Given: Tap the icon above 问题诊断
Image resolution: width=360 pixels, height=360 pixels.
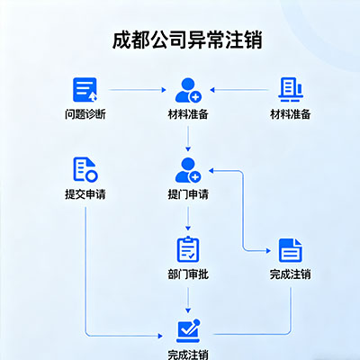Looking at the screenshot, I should pos(85,90).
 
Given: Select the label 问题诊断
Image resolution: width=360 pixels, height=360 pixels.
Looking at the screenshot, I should pos(85,114).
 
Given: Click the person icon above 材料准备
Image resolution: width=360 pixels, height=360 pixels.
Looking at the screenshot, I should pos(188,90).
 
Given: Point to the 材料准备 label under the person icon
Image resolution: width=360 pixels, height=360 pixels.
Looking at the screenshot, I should pos(188,114).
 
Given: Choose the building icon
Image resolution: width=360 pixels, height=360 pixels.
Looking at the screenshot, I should pos(290,90).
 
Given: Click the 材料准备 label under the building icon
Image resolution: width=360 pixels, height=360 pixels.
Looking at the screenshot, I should pos(290,114).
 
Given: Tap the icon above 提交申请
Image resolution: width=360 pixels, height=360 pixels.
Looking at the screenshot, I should pos(85,168).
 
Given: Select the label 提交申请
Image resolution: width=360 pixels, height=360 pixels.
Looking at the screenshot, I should pos(85,193).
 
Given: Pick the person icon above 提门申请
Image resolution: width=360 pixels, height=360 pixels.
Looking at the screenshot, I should pos(188,168).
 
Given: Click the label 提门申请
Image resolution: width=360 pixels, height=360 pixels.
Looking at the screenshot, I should pos(188,193).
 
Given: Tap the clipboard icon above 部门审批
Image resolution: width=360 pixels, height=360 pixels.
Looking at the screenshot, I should pos(188,249).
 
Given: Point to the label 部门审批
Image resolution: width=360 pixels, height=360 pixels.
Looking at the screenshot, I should pos(188,274).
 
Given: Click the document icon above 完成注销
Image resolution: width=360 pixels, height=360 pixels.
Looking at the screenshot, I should pos(290,249).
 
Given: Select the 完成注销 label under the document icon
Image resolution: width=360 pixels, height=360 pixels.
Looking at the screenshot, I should pos(290,274).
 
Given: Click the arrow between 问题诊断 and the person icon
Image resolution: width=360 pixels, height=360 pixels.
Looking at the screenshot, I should pos(135,91).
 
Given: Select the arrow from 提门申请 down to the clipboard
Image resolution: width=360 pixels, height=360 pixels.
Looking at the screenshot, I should pos(188,219).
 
